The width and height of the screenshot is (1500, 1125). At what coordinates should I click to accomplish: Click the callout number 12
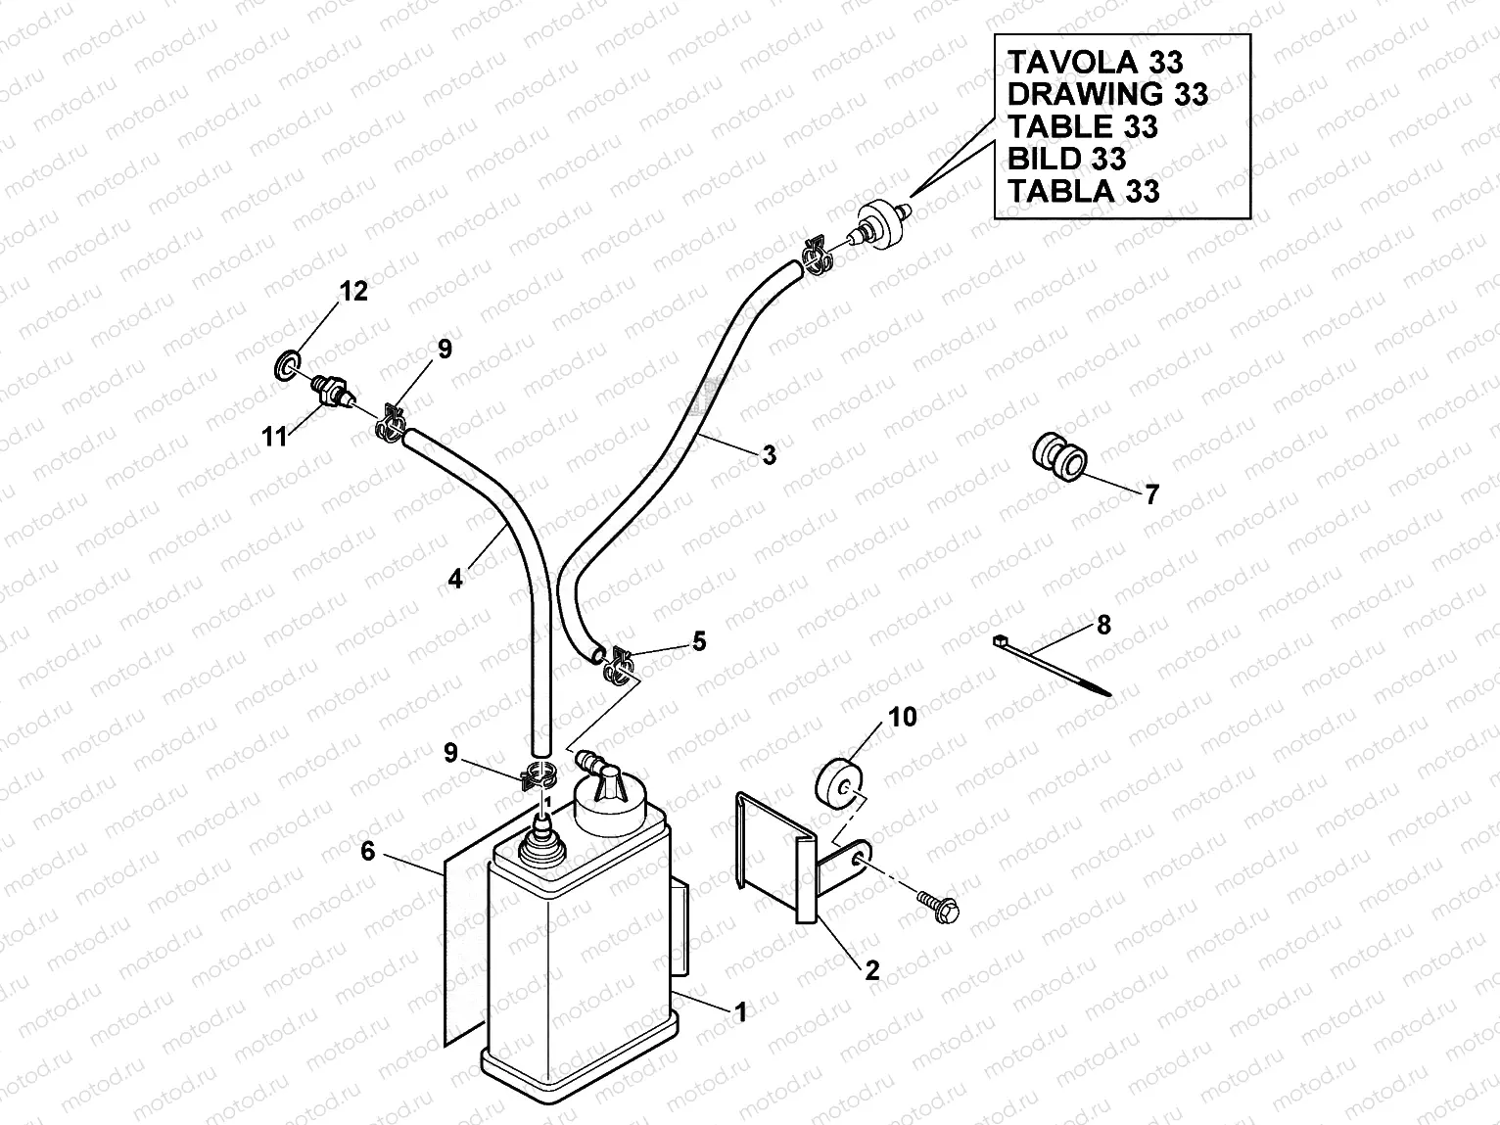[x=353, y=291]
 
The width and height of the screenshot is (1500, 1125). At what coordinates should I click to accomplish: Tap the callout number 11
[x=275, y=436]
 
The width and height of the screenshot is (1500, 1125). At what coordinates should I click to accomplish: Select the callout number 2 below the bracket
[x=871, y=970]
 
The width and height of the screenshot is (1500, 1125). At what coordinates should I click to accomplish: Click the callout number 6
[x=368, y=852]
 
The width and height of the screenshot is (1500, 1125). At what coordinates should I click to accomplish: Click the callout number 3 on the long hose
[x=769, y=454]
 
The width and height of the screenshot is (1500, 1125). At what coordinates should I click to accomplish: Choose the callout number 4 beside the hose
[x=455, y=579]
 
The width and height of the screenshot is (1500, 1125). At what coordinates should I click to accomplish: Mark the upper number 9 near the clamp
[x=445, y=350]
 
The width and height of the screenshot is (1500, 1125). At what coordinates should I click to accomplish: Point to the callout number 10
[x=902, y=718]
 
